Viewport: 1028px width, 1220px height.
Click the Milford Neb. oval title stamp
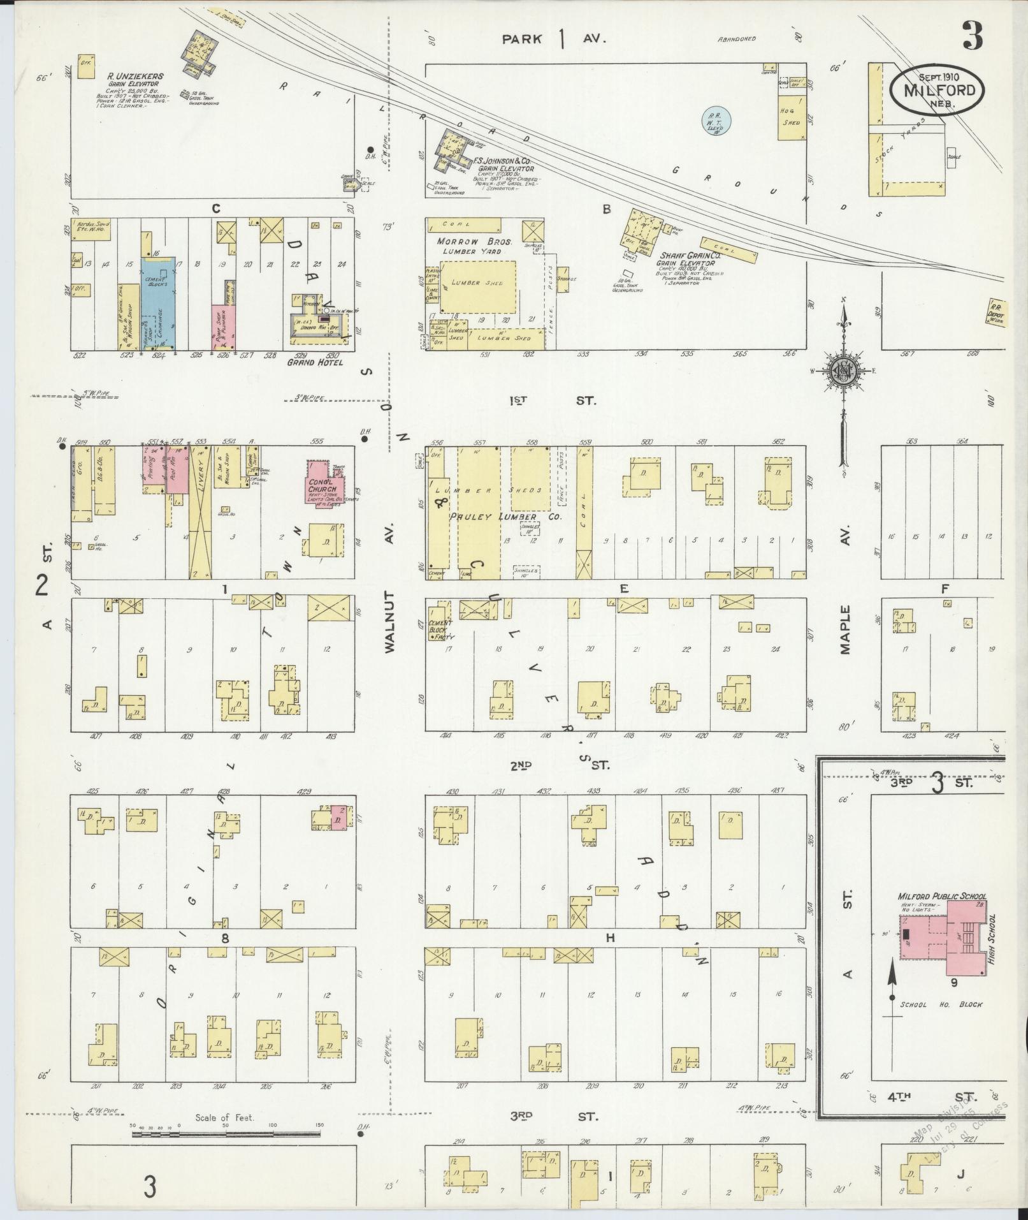(x=937, y=89)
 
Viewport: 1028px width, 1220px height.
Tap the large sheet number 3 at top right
(x=973, y=35)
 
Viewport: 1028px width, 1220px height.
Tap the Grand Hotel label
(x=315, y=362)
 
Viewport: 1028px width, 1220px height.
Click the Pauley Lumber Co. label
(x=505, y=517)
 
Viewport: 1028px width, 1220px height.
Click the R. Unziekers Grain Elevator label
(x=135, y=79)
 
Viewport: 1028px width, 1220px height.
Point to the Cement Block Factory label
(x=440, y=629)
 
